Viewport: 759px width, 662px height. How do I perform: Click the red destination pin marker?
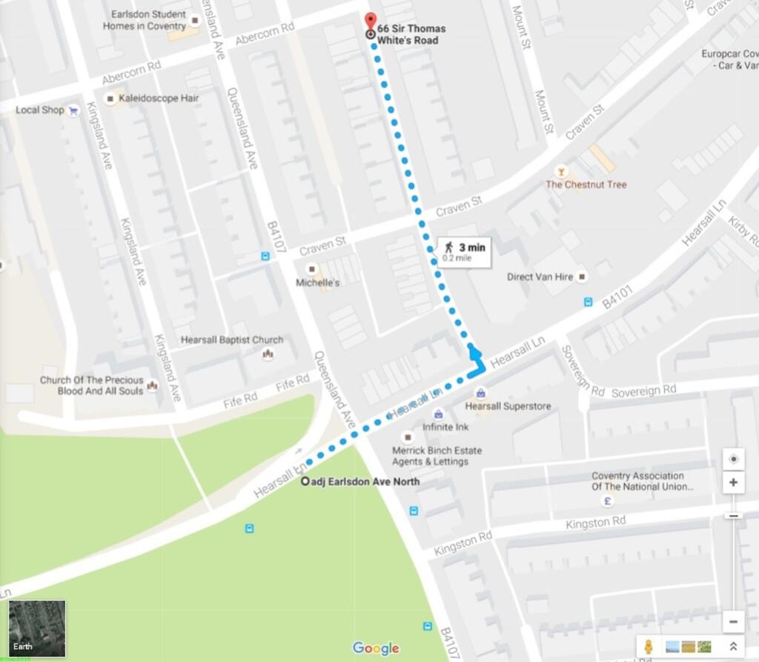pos(371,21)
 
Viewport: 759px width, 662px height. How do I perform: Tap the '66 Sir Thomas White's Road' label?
pos(411,34)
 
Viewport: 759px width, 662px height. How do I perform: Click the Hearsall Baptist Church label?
pos(232,340)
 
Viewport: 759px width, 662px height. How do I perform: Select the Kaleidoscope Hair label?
pos(159,98)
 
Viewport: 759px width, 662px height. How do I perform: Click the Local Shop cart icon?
pos(73,110)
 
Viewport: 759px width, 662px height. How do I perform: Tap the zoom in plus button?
pos(733,483)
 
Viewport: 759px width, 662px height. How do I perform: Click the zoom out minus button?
pos(733,621)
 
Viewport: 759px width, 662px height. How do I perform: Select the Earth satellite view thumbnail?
pos(37,629)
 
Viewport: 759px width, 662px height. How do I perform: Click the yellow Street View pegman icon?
pos(649,646)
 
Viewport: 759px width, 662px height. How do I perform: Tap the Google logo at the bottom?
pos(376,649)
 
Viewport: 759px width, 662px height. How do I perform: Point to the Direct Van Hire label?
pos(540,277)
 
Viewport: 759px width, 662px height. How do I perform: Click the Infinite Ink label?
pos(445,428)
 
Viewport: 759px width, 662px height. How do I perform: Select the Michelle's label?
pos(317,283)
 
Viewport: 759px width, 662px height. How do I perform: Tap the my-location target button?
pos(733,459)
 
